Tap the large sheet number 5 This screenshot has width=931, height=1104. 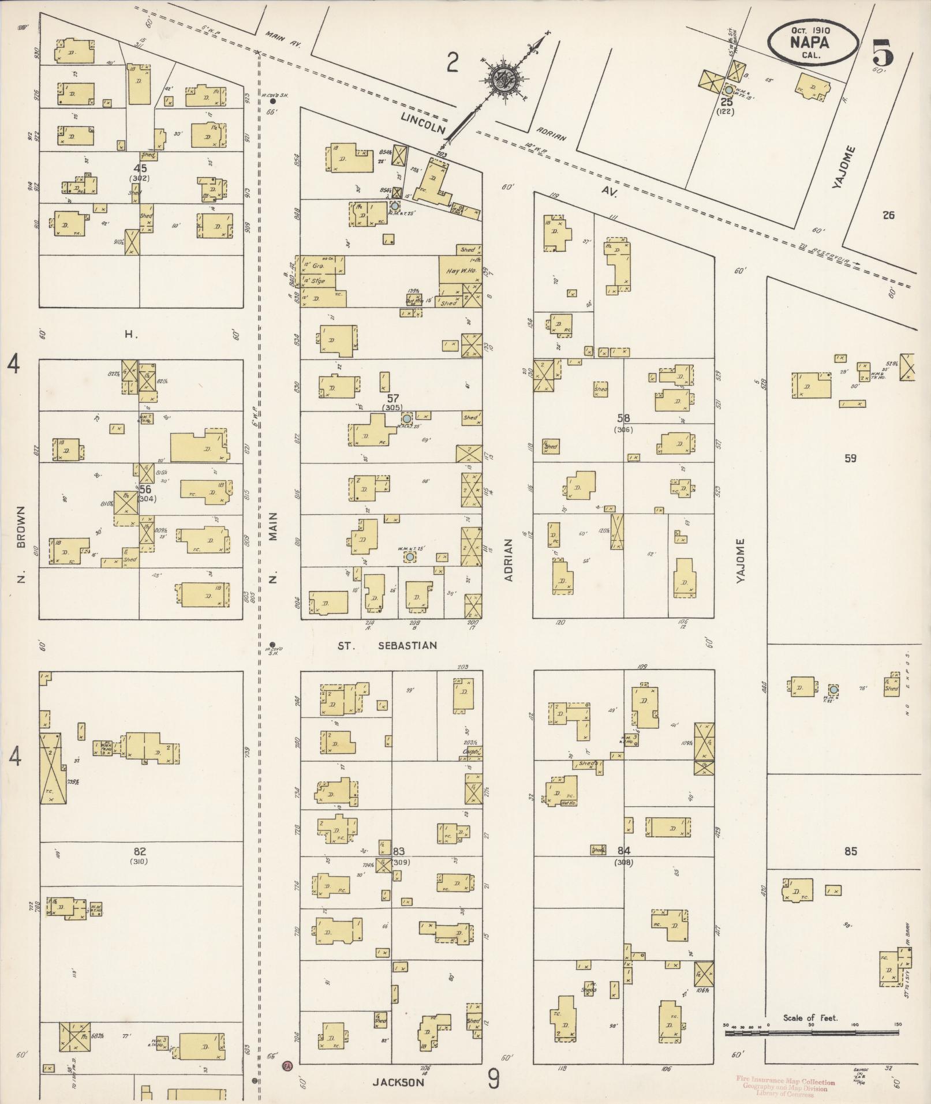(883, 53)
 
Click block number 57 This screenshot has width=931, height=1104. (392, 398)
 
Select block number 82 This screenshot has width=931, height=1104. (139, 851)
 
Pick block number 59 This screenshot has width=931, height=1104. (850, 459)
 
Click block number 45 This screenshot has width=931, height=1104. (140, 169)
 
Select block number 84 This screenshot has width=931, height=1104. (623, 851)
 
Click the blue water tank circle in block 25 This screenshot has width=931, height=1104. (729, 90)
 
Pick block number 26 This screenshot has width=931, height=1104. (888, 215)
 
